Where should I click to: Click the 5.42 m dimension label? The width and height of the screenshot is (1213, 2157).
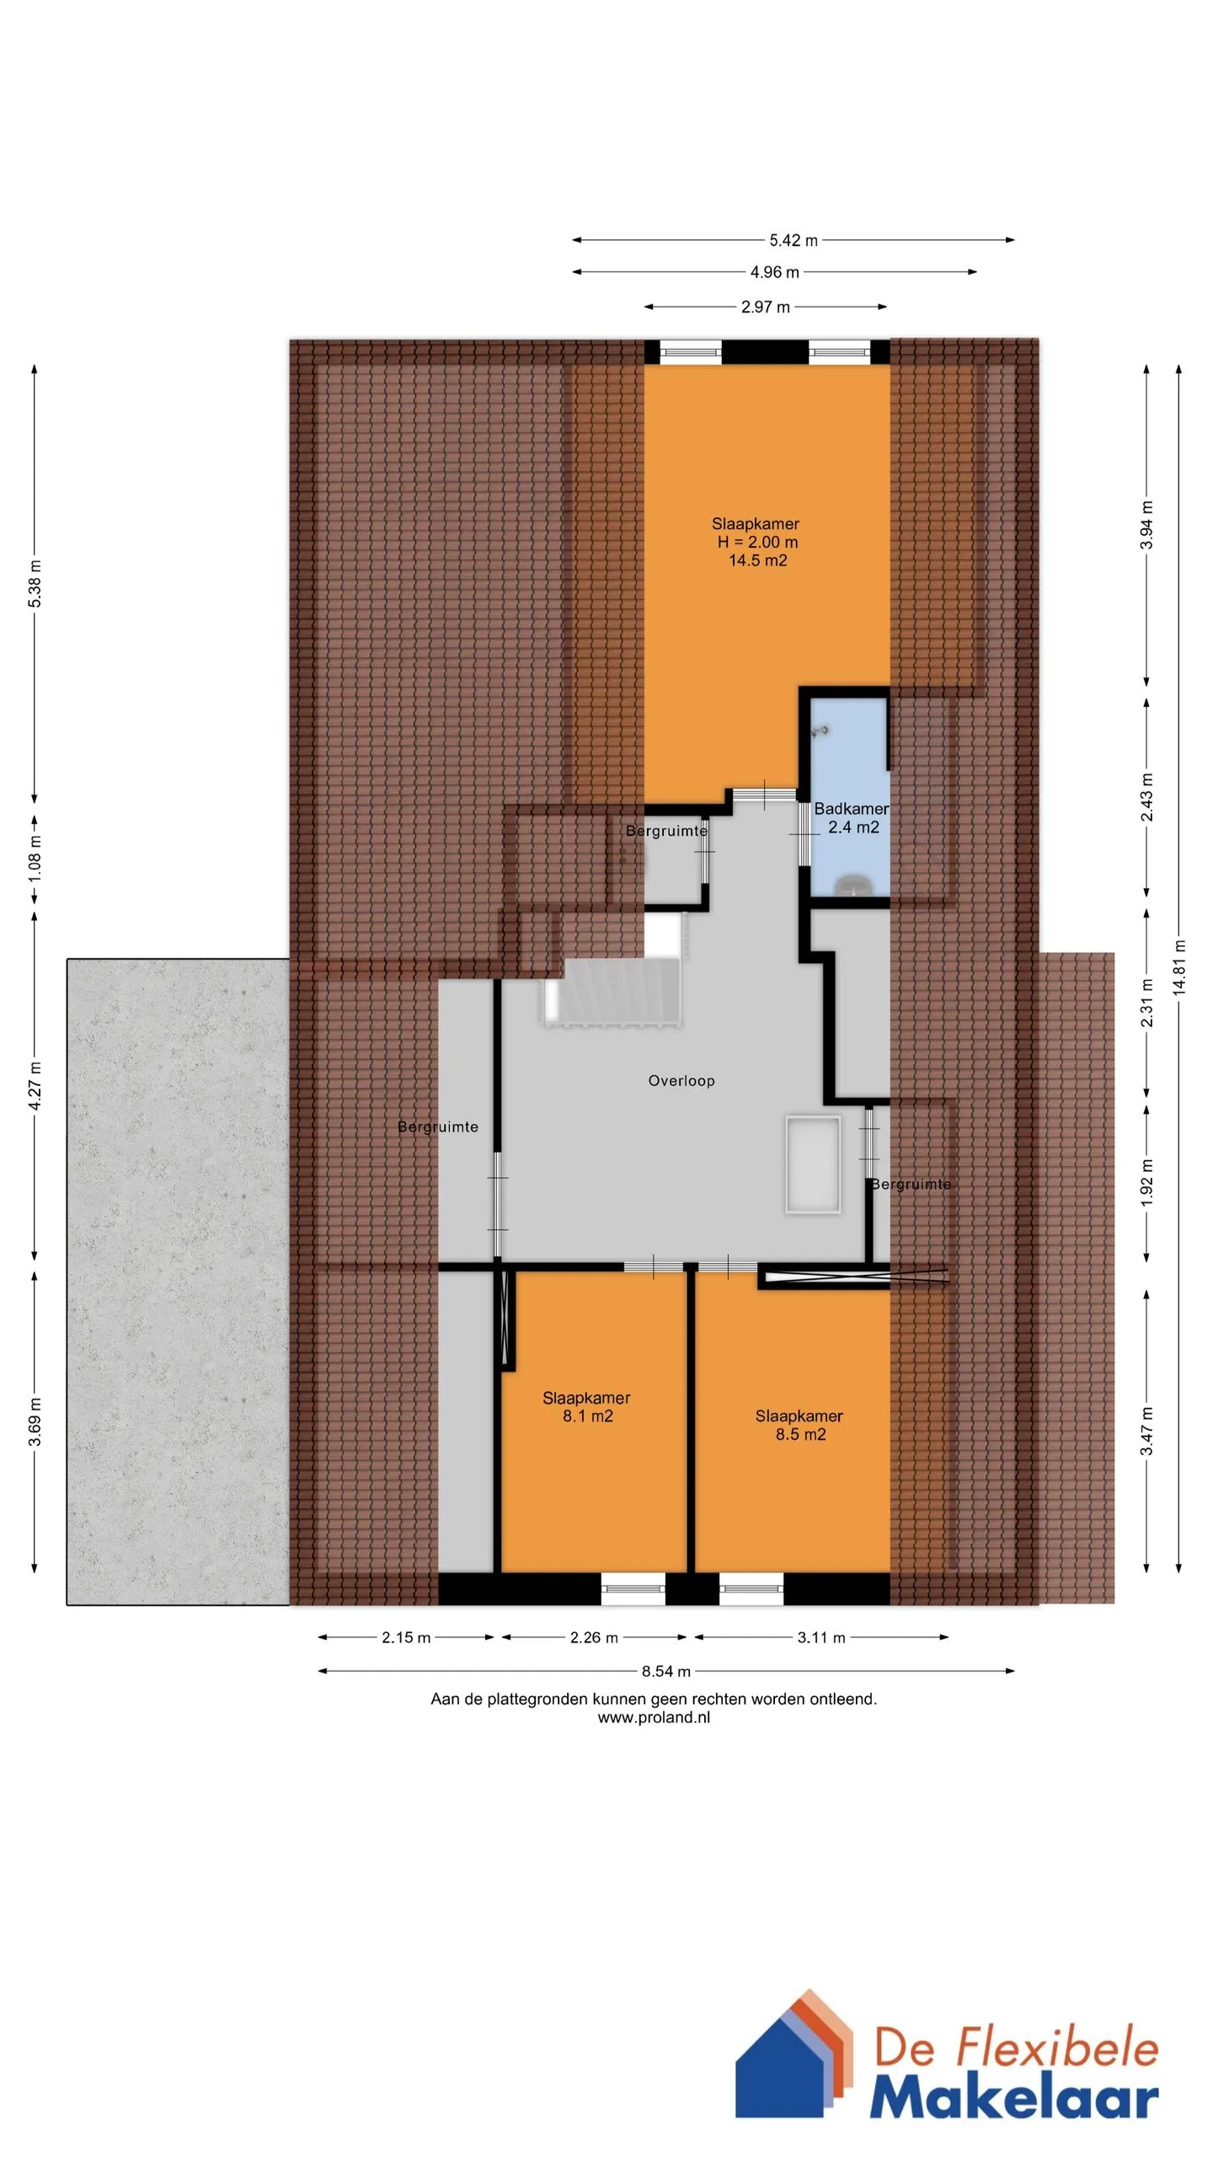tap(793, 240)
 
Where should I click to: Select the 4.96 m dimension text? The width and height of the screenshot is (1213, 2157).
tap(774, 272)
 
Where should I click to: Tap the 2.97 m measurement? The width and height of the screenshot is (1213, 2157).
tap(765, 307)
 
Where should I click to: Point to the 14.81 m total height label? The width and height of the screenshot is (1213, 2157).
tap(1178, 967)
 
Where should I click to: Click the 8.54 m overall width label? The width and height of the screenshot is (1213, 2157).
tap(665, 1671)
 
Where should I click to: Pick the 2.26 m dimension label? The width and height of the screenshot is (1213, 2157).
tap(594, 1637)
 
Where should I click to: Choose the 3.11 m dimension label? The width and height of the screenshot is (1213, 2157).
tap(821, 1637)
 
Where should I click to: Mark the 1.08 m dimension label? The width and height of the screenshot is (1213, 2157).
tap(35, 859)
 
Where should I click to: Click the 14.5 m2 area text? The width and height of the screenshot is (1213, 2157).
tap(757, 560)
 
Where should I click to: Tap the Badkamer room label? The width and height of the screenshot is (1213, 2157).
tap(851, 808)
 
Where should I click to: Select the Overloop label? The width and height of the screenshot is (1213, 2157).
tap(681, 1080)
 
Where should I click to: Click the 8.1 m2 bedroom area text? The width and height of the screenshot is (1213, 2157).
tap(588, 1416)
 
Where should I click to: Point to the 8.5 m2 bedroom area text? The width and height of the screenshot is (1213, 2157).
tap(800, 1434)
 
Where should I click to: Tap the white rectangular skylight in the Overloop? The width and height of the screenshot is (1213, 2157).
tap(813, 1164)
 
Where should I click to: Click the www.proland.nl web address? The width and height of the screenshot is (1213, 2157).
tap(654, 1717)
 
